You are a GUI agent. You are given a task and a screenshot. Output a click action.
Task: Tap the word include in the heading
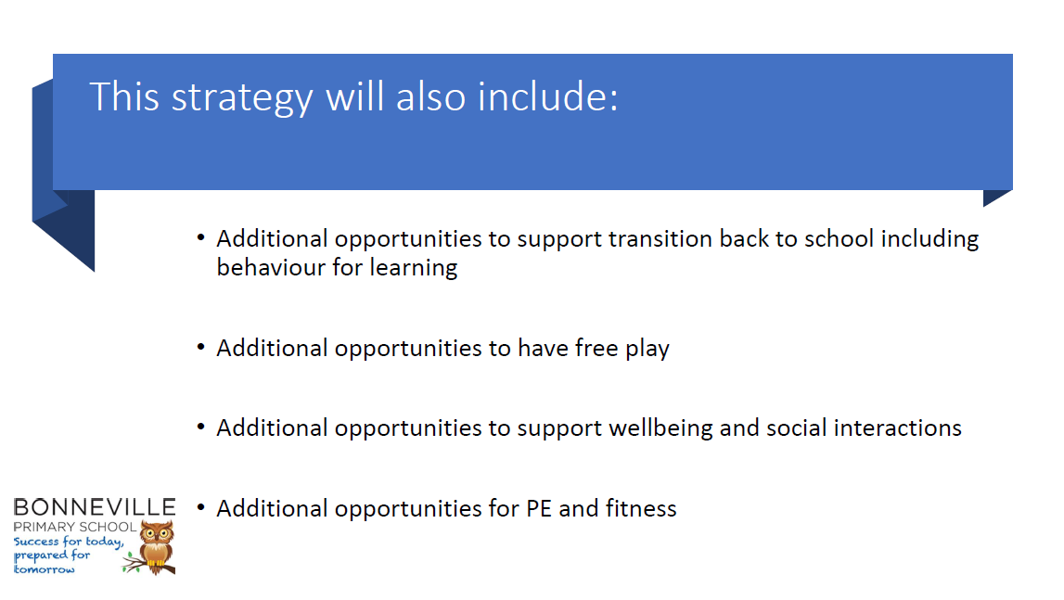(547, 96)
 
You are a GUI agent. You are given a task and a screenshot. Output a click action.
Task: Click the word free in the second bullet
(596, 348)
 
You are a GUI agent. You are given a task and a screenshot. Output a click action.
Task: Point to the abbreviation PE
(539, 509)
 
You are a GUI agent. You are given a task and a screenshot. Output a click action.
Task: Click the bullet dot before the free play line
(201, 347)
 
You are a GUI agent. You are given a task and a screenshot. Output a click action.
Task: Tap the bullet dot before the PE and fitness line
(201, 507)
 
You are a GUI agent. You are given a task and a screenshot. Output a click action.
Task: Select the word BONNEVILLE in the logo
(95, 507)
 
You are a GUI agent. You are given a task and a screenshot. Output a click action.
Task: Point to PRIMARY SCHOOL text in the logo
(74, 527)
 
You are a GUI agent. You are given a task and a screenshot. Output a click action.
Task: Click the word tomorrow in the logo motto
(45, 569)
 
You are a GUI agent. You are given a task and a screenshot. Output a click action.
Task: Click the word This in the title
(124, 96)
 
